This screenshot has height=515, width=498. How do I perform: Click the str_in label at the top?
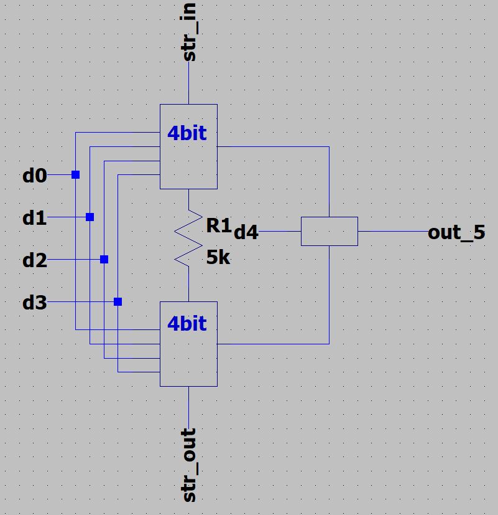click(x=190, y=32)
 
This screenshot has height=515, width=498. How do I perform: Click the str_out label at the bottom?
click(x=190, y=465)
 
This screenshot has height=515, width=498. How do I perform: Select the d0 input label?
click(x=35, y=176)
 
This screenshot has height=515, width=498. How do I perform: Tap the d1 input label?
click(x=35, y=219)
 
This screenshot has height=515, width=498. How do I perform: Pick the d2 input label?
click(x=35, y=260)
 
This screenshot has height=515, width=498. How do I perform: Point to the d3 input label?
click(x=35, y=303)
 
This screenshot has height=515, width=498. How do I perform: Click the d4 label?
click(x=246, y=233)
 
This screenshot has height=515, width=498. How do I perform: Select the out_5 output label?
click(x=456, y=233)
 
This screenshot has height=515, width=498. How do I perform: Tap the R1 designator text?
click(x=218, y=225)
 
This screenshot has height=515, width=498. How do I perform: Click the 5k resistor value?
click(x=218, y=257)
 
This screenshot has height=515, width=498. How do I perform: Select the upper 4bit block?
click(x=188, y=162)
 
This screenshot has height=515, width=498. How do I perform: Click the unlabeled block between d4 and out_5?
click(x=329, y=231)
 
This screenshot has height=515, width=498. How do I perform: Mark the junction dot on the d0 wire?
click(x=76, y=175)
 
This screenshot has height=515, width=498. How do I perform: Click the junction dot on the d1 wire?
click(x=90, y=217)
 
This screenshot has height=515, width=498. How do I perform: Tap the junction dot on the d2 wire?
click(x=104, y=260)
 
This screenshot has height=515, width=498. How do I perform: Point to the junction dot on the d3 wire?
click(x=118, y=302)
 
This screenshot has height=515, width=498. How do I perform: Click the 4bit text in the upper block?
click(x=187, y=133)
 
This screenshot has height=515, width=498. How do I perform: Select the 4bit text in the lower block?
click(x=187, y=324)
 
